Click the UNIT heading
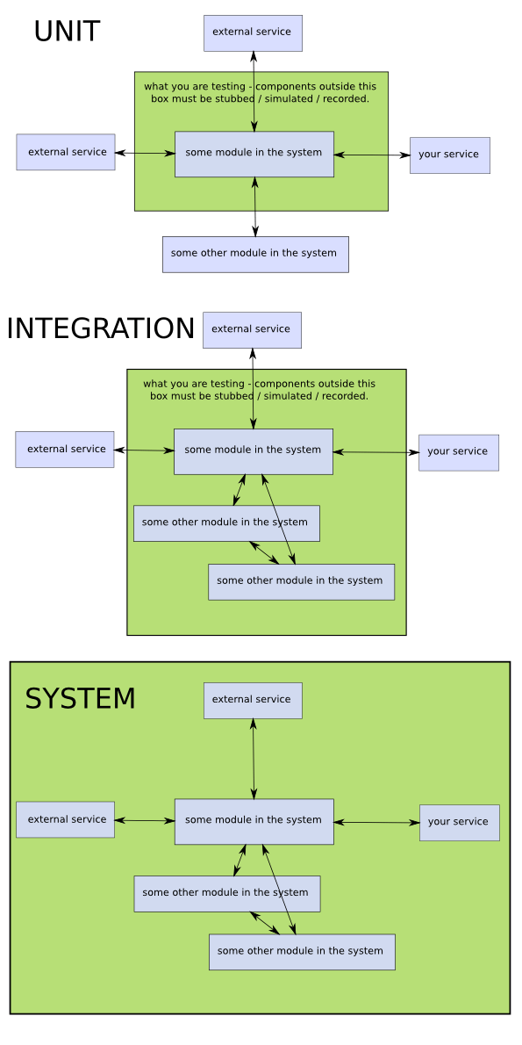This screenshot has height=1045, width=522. pos(67,32)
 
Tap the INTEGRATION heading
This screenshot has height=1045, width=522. pos(100,328)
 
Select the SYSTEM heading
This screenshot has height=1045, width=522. pos(80,699)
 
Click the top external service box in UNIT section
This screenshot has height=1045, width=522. pos(253,32)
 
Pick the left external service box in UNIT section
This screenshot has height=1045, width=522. pos(66,152)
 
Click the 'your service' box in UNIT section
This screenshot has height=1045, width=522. pos(449,155)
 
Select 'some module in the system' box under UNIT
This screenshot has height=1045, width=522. pos(254,154)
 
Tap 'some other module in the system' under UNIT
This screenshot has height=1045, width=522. pos(255,254)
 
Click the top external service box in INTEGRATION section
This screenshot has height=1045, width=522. pos(252,329)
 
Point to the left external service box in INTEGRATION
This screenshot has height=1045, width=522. pos(65,450)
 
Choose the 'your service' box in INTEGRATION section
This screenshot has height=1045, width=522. pos(458,452)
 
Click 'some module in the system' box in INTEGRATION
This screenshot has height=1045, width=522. pos(254,450)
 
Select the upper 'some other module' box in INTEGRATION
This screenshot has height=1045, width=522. pos(226,522)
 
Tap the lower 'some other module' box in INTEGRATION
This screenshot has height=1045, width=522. pos(301,581)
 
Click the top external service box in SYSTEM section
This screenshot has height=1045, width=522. pos(253,700)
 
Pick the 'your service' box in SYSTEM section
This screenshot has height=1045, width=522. pos(459,823)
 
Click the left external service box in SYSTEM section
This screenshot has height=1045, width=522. pos(66,819)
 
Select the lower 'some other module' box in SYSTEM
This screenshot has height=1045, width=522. pos(302,952)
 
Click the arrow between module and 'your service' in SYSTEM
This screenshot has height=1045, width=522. pos(376,823)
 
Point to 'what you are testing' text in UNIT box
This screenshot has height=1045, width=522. pos(260,92)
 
